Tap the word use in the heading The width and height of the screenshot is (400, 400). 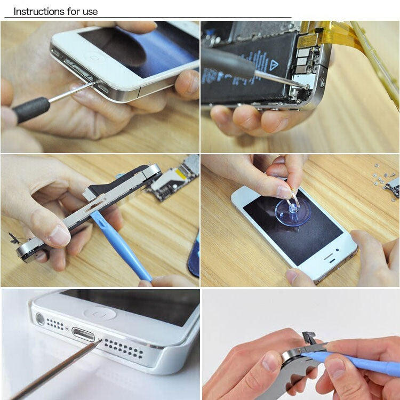tap(90, 11)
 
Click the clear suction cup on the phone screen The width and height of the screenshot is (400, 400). tap(293, 210)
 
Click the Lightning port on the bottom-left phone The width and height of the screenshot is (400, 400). tap(83, 336)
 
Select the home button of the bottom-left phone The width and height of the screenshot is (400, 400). tap(100, 313)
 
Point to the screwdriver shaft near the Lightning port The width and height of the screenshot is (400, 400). tap(59, 369)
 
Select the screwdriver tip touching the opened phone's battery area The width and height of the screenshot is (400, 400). tap(305, 84)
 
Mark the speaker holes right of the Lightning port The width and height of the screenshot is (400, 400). tap(123, 348)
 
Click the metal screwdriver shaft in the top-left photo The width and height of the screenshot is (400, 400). tap(72, 93)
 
